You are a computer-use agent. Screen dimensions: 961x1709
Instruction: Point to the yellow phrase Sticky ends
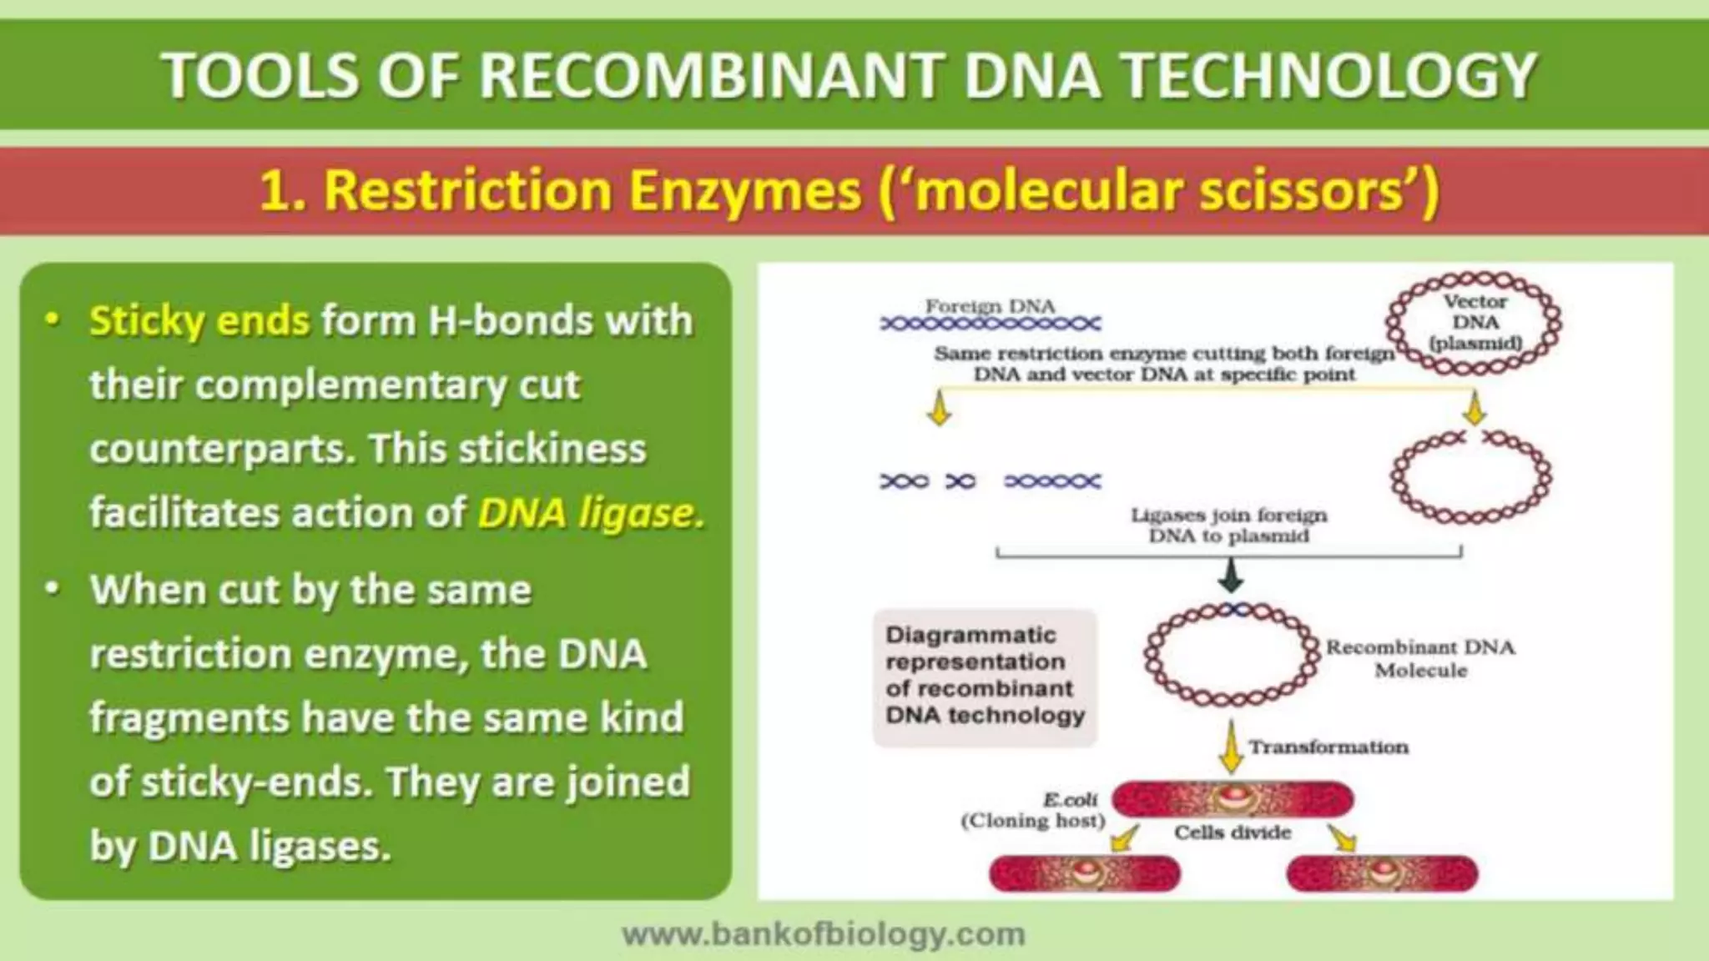pos(199,321)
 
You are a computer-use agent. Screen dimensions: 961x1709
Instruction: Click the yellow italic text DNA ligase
pos(591,513)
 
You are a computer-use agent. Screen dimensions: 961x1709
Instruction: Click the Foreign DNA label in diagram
pos(990,307)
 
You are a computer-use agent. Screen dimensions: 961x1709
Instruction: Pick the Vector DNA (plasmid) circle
pos(1475,323)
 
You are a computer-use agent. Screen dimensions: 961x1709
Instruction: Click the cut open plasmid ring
pos(1470,478)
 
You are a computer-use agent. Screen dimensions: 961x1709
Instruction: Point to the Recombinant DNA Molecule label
pos(1420,658)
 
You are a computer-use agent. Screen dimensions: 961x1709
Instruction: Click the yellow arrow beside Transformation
pos(1229,747)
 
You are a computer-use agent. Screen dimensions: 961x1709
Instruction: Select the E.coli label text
pos(1070,800)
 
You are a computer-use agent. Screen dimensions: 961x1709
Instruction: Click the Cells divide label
pos(1232,833)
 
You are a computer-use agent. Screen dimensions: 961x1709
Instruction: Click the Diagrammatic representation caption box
pos(985,676)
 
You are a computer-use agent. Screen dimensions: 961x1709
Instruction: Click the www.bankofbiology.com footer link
pos(824,934)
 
